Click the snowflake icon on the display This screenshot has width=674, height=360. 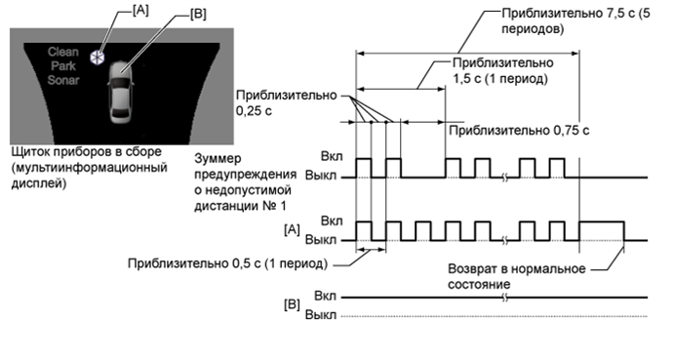pos(97,58)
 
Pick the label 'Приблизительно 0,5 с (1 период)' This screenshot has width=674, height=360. pos(225,263)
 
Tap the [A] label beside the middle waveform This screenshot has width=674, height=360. pos(289,230)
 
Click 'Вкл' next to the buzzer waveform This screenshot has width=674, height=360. pos(331,157)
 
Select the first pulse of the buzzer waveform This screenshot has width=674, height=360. pos(364,167)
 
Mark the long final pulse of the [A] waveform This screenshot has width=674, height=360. pos(602,230)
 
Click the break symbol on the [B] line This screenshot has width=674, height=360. pos(504,297)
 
